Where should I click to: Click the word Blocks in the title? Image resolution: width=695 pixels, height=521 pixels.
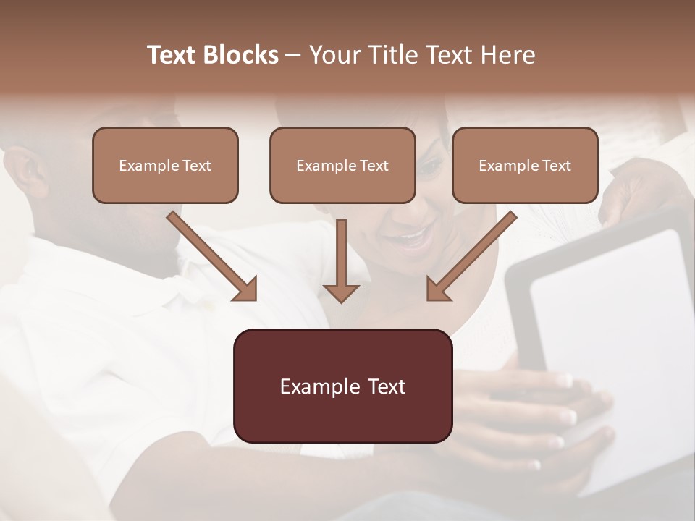(243, 55)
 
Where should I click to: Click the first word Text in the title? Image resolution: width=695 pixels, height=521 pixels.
(173, 55)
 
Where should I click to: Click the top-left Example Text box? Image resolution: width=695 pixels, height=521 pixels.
(165, 165)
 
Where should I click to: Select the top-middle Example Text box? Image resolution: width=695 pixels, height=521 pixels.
(342, 165)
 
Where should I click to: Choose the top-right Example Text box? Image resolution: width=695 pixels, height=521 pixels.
(525, 165)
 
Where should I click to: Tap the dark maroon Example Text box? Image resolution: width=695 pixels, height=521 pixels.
(342, 386)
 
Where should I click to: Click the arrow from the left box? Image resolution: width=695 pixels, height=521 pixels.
(210, 255)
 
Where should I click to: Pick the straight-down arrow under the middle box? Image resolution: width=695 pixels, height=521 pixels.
(341, 260)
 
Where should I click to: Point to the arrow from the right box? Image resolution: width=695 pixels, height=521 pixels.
(473, 255)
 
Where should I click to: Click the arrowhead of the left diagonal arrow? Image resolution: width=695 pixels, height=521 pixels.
(246, 289)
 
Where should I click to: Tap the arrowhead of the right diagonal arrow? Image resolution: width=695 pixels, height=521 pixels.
(438, 289)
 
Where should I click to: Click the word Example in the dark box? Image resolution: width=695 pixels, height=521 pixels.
(313, 386)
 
